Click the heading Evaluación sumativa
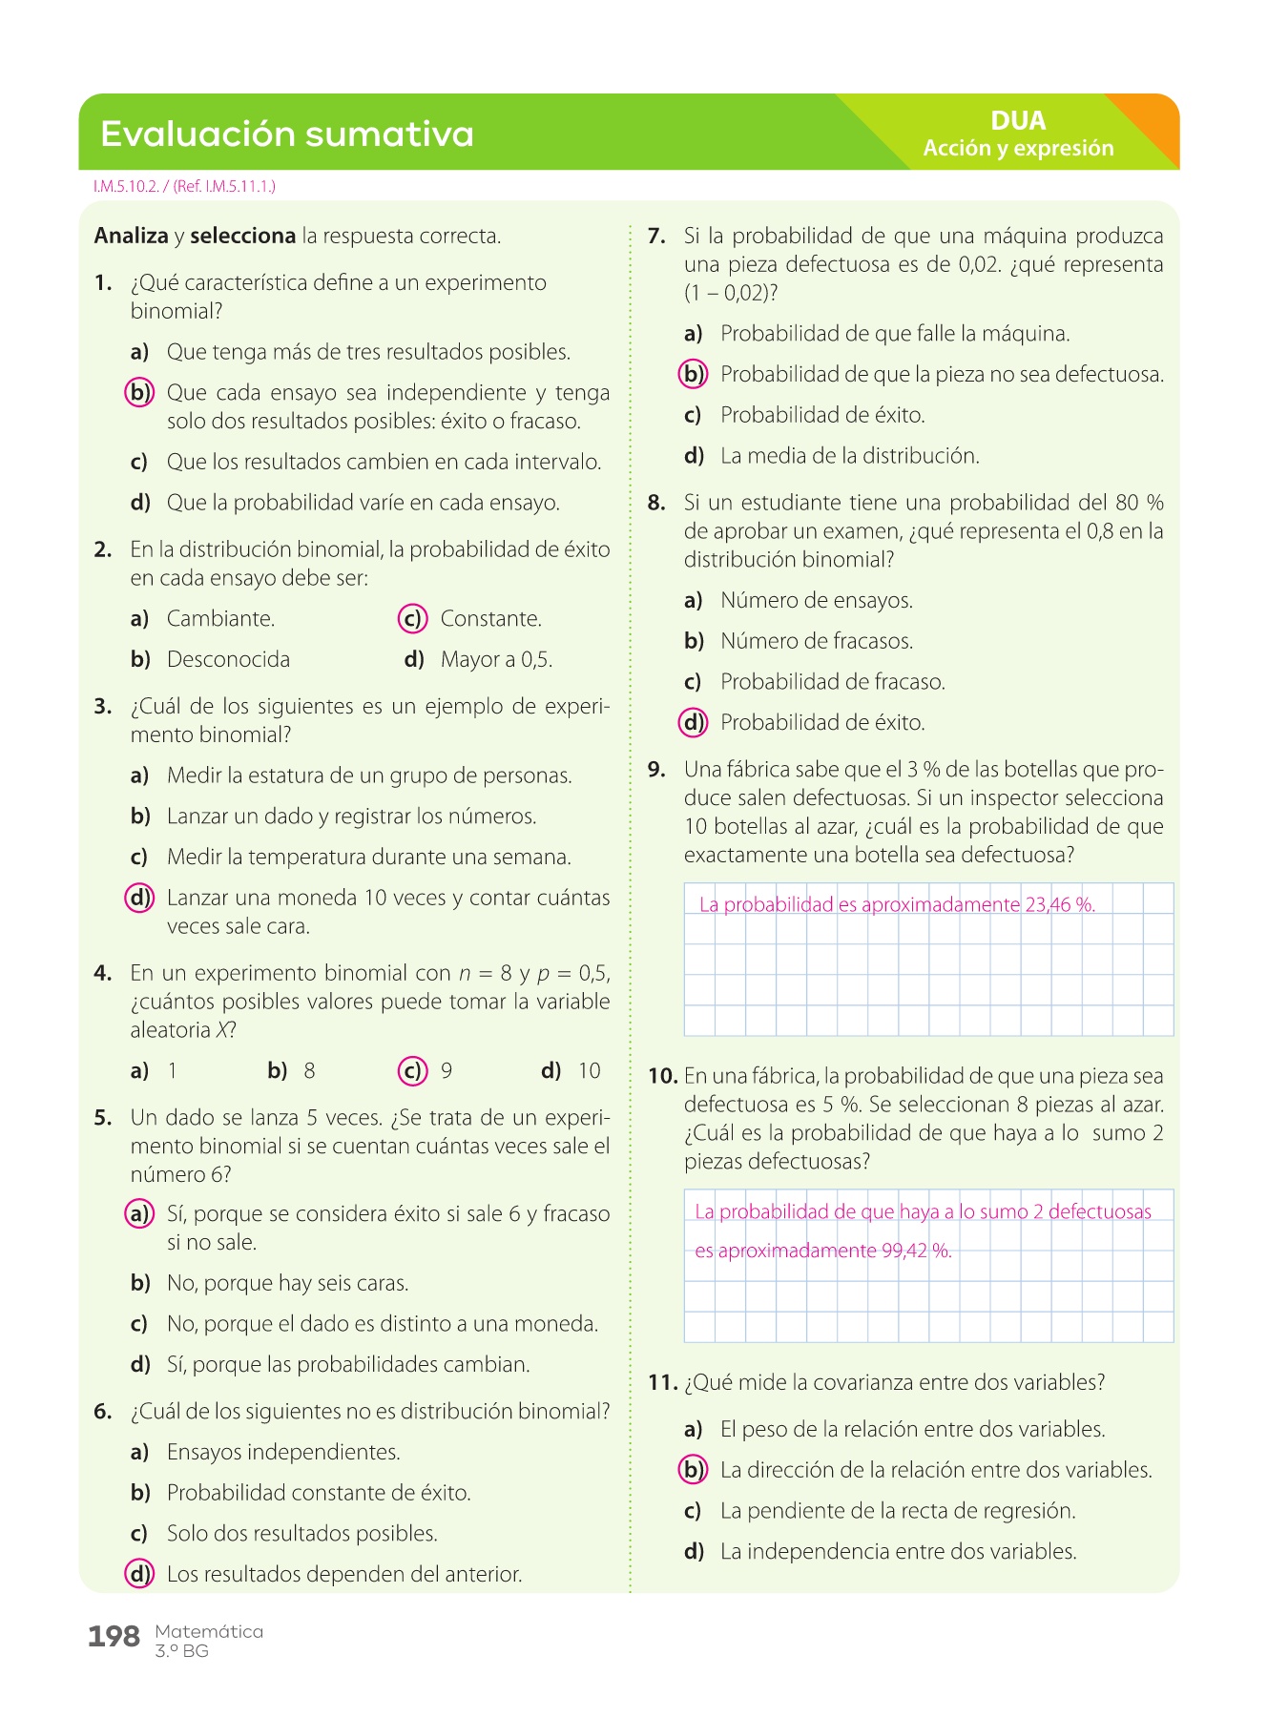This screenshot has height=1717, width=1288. (x=286, y=134)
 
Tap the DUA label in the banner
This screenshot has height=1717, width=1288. (x=1018, y=121)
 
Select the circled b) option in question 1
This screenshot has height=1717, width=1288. (x=139, y=392)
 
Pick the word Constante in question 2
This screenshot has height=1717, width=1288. (x=490, y=619)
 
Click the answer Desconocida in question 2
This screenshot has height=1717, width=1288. (x=228, y=660)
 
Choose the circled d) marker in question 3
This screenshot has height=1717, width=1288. (x=139, y=898)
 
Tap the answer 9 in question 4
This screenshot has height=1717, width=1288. (x=447, y=1071)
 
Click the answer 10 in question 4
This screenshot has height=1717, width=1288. (x=590, y=1071)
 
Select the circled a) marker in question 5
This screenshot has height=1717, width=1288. (x=139, y=1213)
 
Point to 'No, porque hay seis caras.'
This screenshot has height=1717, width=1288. (x=287, y=1283)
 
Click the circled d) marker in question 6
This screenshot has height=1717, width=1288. (x=139, y=1574)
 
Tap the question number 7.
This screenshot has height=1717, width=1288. (x=655, y=237)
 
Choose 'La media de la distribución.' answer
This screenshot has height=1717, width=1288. (x=849, y=456)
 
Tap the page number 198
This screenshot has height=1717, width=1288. (x=114, y=1637)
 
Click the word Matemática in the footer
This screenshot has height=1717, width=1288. (x=209, y=1631)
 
